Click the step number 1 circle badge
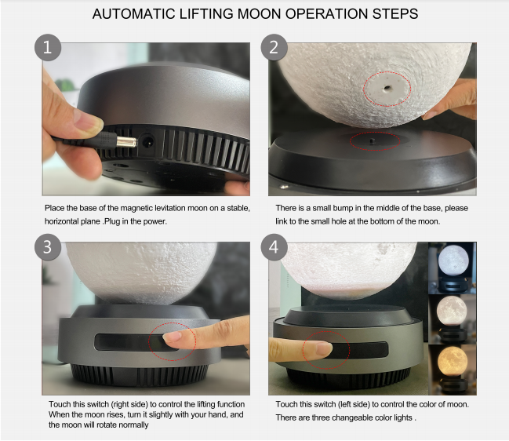coord(48,47)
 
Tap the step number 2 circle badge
coord(274,47)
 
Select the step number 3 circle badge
coord(48,247)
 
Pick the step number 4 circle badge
coord(274,247)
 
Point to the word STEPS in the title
coord(395,14)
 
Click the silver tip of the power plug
coord(127,142)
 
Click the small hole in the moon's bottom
coord(387,87)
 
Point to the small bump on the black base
coord(373,140)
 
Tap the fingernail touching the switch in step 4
coord(324,349)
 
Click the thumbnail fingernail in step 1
coord(89,122)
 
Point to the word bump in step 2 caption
coord(343,208)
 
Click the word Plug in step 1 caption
coord(112,221)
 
